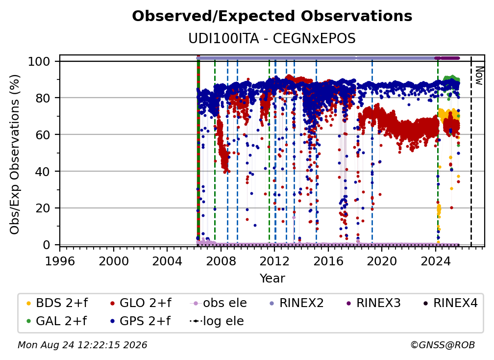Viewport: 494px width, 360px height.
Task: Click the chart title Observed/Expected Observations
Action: click(272, 16)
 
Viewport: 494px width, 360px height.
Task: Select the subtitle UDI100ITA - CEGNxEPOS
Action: click(272, 39)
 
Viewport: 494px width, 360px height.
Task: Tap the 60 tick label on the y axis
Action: click(43, 134)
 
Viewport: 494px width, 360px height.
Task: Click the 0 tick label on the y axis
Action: click(47, 245)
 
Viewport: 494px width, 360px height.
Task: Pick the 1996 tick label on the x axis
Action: click(60, 261)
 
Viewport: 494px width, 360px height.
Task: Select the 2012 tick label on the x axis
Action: click(274, 261)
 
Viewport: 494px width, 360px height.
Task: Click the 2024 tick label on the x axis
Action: click(435, 261)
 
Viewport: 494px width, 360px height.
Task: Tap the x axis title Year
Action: click(272, 279)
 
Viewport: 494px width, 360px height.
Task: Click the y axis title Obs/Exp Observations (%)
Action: click(15, 154)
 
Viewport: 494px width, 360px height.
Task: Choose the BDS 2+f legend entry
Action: click(57, 303)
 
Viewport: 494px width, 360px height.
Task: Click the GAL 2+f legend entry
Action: click(56, 321)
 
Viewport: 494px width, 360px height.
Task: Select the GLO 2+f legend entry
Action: click(141, 303)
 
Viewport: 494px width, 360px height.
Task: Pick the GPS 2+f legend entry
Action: click(140, 321)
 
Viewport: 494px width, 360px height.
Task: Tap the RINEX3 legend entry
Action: click(373, 303)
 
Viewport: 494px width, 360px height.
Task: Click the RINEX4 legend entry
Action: click(450, 303)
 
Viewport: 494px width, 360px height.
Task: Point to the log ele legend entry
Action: click(217, 321)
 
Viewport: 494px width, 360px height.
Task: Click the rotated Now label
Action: click(479, 76)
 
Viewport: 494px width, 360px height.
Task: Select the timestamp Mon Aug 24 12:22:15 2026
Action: click(82, 345)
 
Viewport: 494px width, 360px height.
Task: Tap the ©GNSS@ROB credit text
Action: click(443, 345)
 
